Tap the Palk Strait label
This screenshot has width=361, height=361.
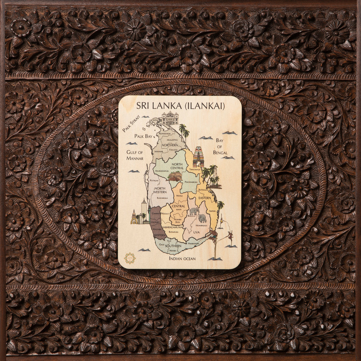tap(131, 125)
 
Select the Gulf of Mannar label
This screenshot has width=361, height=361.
tap(135, 155)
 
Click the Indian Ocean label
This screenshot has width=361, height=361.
tap(182, 258)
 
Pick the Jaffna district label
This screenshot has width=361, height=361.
tap(156, 120)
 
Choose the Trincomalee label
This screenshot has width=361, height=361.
tap(193, 170)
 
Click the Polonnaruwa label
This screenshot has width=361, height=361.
tap(190, 182)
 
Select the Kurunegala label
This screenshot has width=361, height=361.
tap(162, 198)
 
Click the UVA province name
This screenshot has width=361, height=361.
tap(196, 232)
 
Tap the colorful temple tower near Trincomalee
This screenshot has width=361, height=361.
tap(199, 156)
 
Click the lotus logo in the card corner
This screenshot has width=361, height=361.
tap(130, 258)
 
